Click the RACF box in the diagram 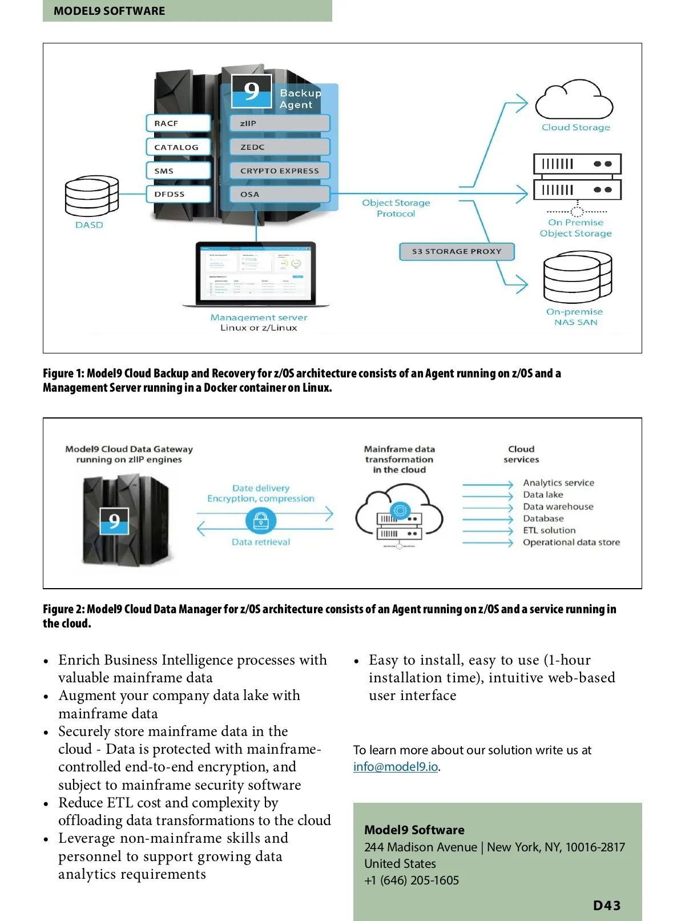[178, 123]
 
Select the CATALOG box [178, 147]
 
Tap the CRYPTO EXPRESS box [279, 171]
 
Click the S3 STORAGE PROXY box [457, 251]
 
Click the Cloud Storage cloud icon [574, 101]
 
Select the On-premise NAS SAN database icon [577, 279]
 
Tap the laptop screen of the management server [256, 273]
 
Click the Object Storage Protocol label [396, 208]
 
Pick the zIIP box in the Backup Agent [279, 123]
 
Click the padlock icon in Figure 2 [261, 520]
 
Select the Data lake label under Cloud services [543, 495]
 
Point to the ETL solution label [549, 530]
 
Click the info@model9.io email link [396, 767]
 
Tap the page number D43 [606, 906]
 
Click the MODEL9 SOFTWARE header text [109, 11]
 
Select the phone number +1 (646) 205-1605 [412, 880]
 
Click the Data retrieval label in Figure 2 [261, 542]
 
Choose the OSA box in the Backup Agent [279, 195]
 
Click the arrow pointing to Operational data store [488, 542]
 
